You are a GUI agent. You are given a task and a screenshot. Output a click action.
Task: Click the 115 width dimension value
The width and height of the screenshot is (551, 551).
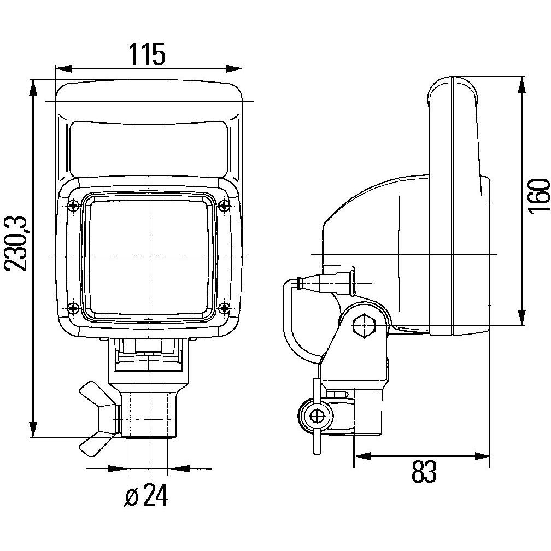point(146,55)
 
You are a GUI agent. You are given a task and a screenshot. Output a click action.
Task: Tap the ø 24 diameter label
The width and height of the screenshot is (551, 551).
point(146,496)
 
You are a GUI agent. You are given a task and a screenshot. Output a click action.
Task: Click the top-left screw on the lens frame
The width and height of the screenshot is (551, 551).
point(74,206)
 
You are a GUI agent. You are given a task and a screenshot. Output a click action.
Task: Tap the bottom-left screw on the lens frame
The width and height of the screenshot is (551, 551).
point(74,307)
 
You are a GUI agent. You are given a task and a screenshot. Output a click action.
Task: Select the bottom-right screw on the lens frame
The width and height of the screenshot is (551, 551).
point(223,307)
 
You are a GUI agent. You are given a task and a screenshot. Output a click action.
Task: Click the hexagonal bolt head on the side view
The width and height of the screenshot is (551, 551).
point(363,326)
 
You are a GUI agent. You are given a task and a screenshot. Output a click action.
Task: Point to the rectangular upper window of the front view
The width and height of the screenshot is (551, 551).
point(148,148)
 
